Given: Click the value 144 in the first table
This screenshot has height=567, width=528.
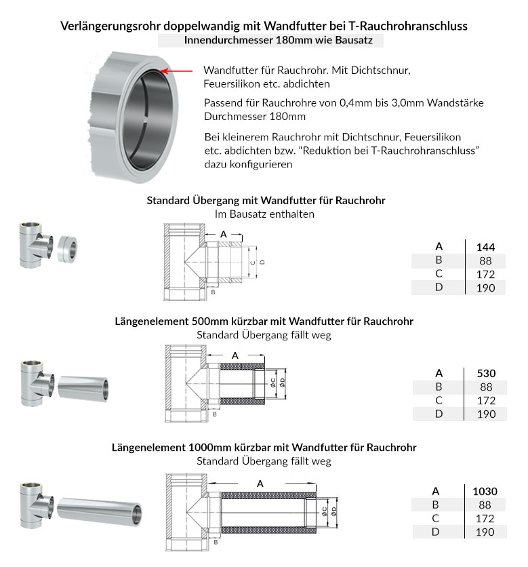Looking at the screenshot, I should tap(485, 247).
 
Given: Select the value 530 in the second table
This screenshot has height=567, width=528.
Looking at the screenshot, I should tap(485, 373).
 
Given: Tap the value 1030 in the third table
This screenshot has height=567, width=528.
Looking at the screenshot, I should tap(485, 491).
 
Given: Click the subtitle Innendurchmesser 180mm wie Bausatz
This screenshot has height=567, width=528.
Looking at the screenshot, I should tap(270, 40).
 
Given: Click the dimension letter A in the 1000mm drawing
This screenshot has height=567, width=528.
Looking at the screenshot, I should tap(260, 484).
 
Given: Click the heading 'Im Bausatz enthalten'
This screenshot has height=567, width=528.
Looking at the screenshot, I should tap(264, 214).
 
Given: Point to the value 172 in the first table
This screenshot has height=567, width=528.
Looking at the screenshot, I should tap(485, 274).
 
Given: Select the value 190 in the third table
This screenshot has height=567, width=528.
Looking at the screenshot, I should tap(485, 532).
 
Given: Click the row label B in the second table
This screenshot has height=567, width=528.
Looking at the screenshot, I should tap(439, 387).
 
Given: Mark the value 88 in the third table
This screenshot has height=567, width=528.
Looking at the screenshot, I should tap(485, 505).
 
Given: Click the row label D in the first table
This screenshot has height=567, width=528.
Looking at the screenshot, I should tap(439, 288).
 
